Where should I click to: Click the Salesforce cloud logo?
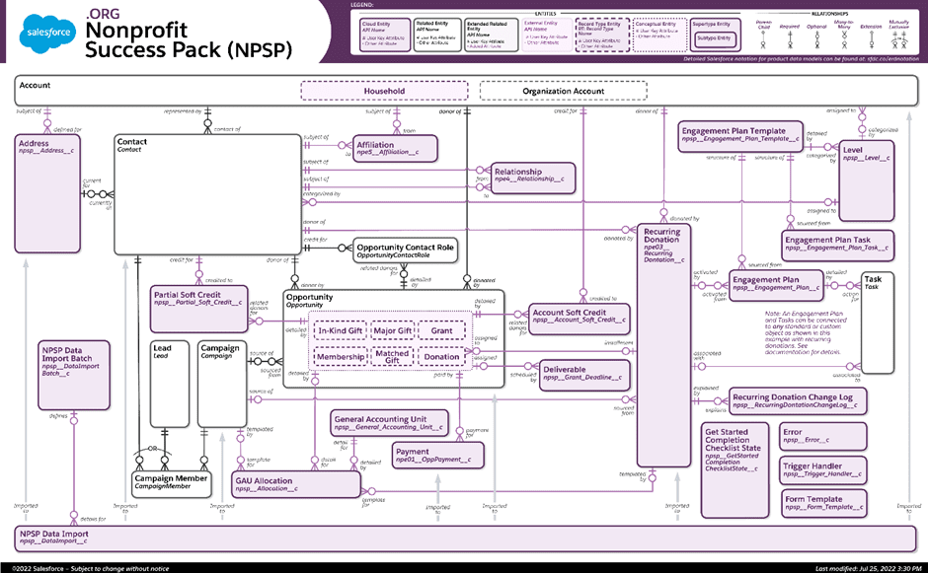tap(46, 36)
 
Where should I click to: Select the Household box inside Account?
tap(383, 91)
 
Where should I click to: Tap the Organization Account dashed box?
tap(563, 91)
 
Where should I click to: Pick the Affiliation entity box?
tap(394, 149)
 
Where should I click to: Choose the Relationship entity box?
tap(531, 176)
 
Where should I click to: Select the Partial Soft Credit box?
tap(198, 306)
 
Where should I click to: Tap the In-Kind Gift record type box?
tap(340, 331)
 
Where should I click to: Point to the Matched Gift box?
tap(392, 355)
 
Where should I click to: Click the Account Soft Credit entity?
tap(579, 316)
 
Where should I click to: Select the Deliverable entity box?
tap(581, 373)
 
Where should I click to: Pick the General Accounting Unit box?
tap(388, 423)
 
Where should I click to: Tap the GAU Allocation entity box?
tap(296, 484)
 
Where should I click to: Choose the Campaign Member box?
tap(171, 482)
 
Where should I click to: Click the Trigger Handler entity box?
tap(823, 470)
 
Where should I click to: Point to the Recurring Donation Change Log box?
tap(799, 400)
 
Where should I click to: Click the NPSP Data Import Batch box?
tap(72, 375)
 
